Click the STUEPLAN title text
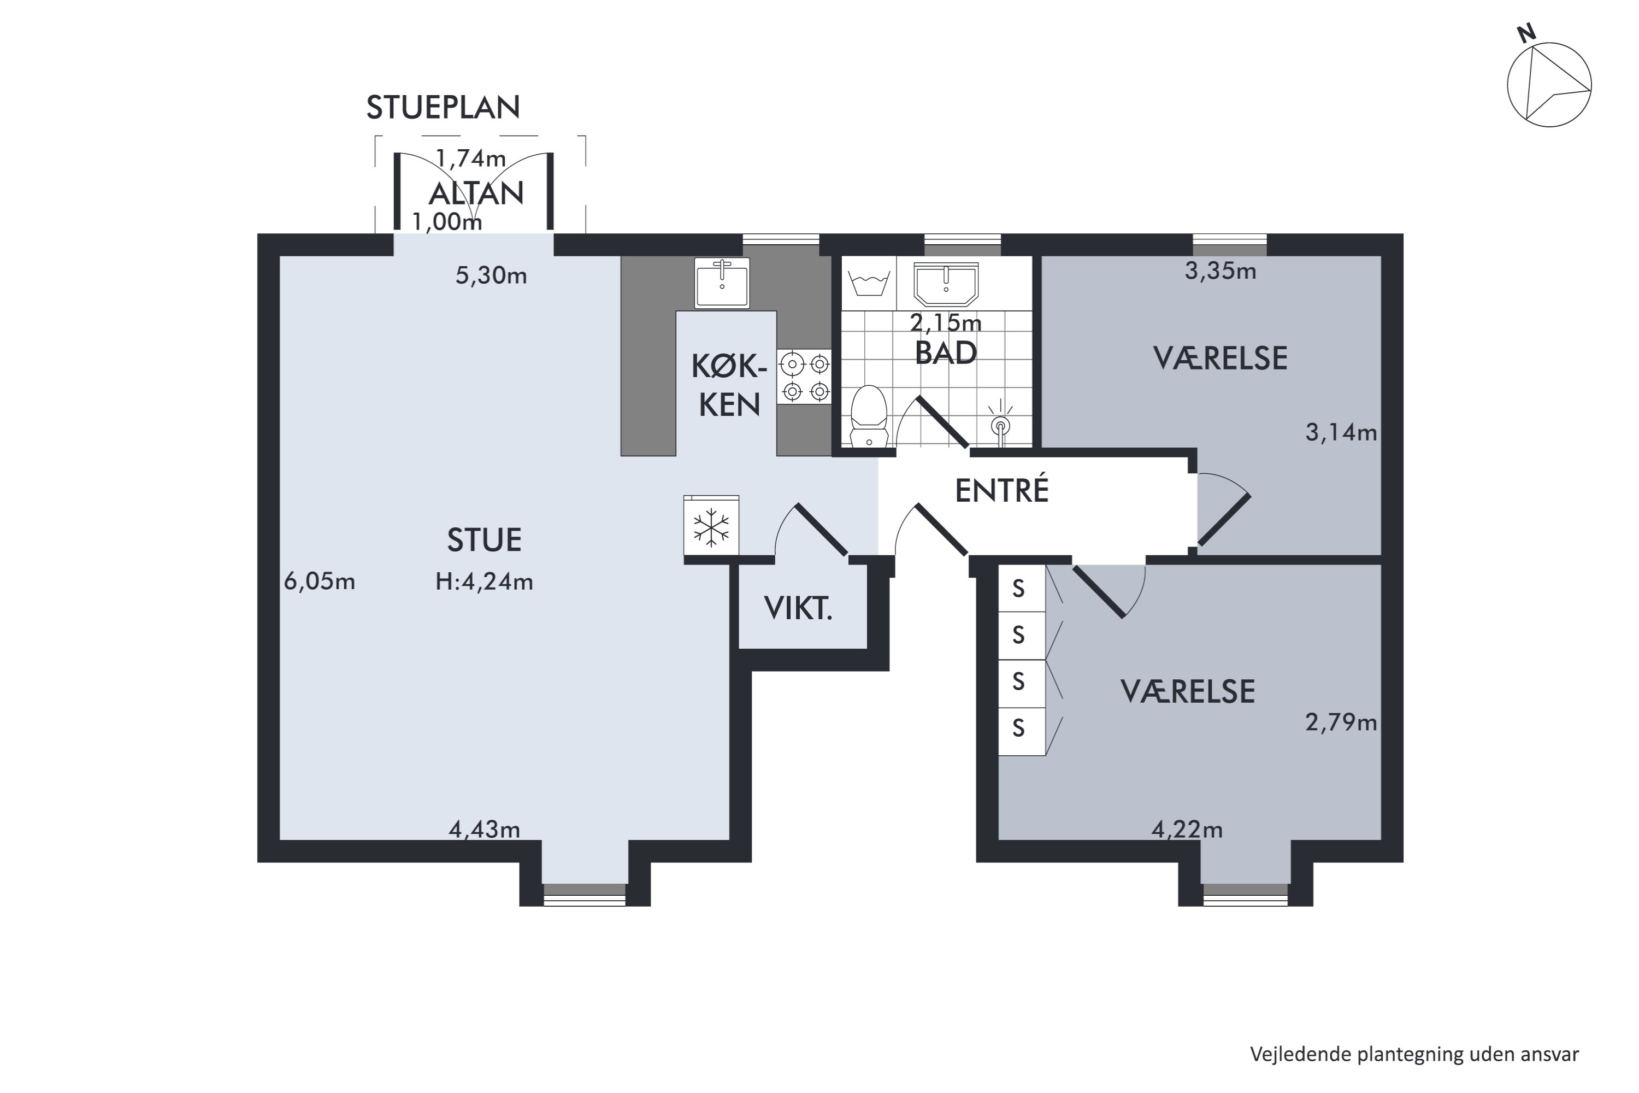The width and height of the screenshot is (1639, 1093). pos(443,107)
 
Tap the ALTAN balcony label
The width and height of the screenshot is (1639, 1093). pos(476,193)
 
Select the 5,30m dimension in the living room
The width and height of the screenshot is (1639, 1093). pos(491,276)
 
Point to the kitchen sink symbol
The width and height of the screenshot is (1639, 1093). pos(722,283)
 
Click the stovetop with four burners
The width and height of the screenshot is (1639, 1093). pos(805,377)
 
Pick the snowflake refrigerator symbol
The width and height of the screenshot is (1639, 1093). pos(711,526)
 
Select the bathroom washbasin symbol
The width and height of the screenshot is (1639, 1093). pos(946,284)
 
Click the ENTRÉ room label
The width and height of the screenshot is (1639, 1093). pos(1001,490)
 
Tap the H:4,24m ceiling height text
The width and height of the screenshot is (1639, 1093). pos(484,581)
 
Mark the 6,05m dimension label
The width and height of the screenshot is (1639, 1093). pos(319,581)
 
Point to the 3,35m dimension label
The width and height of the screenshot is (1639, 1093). pos(1220,271)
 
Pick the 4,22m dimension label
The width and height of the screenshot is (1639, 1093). pos(1187,830)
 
